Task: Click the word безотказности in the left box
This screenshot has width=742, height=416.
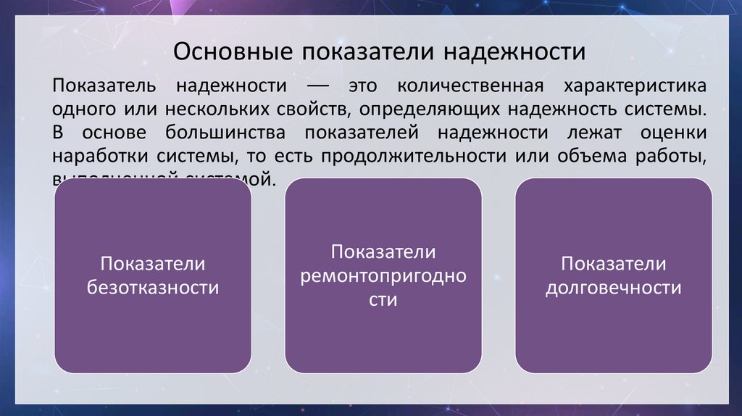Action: tap(153, 288)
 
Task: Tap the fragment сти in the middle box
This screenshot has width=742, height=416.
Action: tap(383, 299)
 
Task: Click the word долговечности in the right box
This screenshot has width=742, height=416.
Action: tap(613, 288)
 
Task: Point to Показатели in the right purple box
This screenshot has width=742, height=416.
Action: tap(613, 264)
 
